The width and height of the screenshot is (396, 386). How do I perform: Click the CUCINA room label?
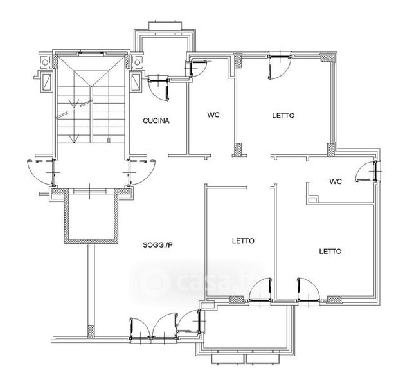tap(156, 120)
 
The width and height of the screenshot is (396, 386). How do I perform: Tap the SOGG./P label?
tap(157, 244)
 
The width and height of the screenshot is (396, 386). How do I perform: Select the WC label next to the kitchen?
tap(213, 115)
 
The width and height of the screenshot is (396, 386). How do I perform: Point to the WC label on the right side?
tap(336, 181)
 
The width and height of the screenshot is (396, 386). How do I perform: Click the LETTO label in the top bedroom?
tap(283, 116)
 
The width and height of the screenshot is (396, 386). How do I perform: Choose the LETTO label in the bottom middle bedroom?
tap(243, 241)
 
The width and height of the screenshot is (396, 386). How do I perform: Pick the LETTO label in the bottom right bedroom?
tap(330, 252)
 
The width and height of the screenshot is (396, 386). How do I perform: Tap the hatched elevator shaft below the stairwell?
tap(91, 216)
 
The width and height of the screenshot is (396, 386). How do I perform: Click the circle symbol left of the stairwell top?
tap(45, 62)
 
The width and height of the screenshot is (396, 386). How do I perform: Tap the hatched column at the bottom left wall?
tap(91, 331)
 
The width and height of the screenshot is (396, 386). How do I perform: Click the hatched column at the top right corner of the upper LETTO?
tap(327, 58)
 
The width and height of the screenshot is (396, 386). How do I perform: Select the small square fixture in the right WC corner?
tap(312, 199)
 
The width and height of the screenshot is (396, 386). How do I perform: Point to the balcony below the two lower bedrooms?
tap(246, 326)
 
